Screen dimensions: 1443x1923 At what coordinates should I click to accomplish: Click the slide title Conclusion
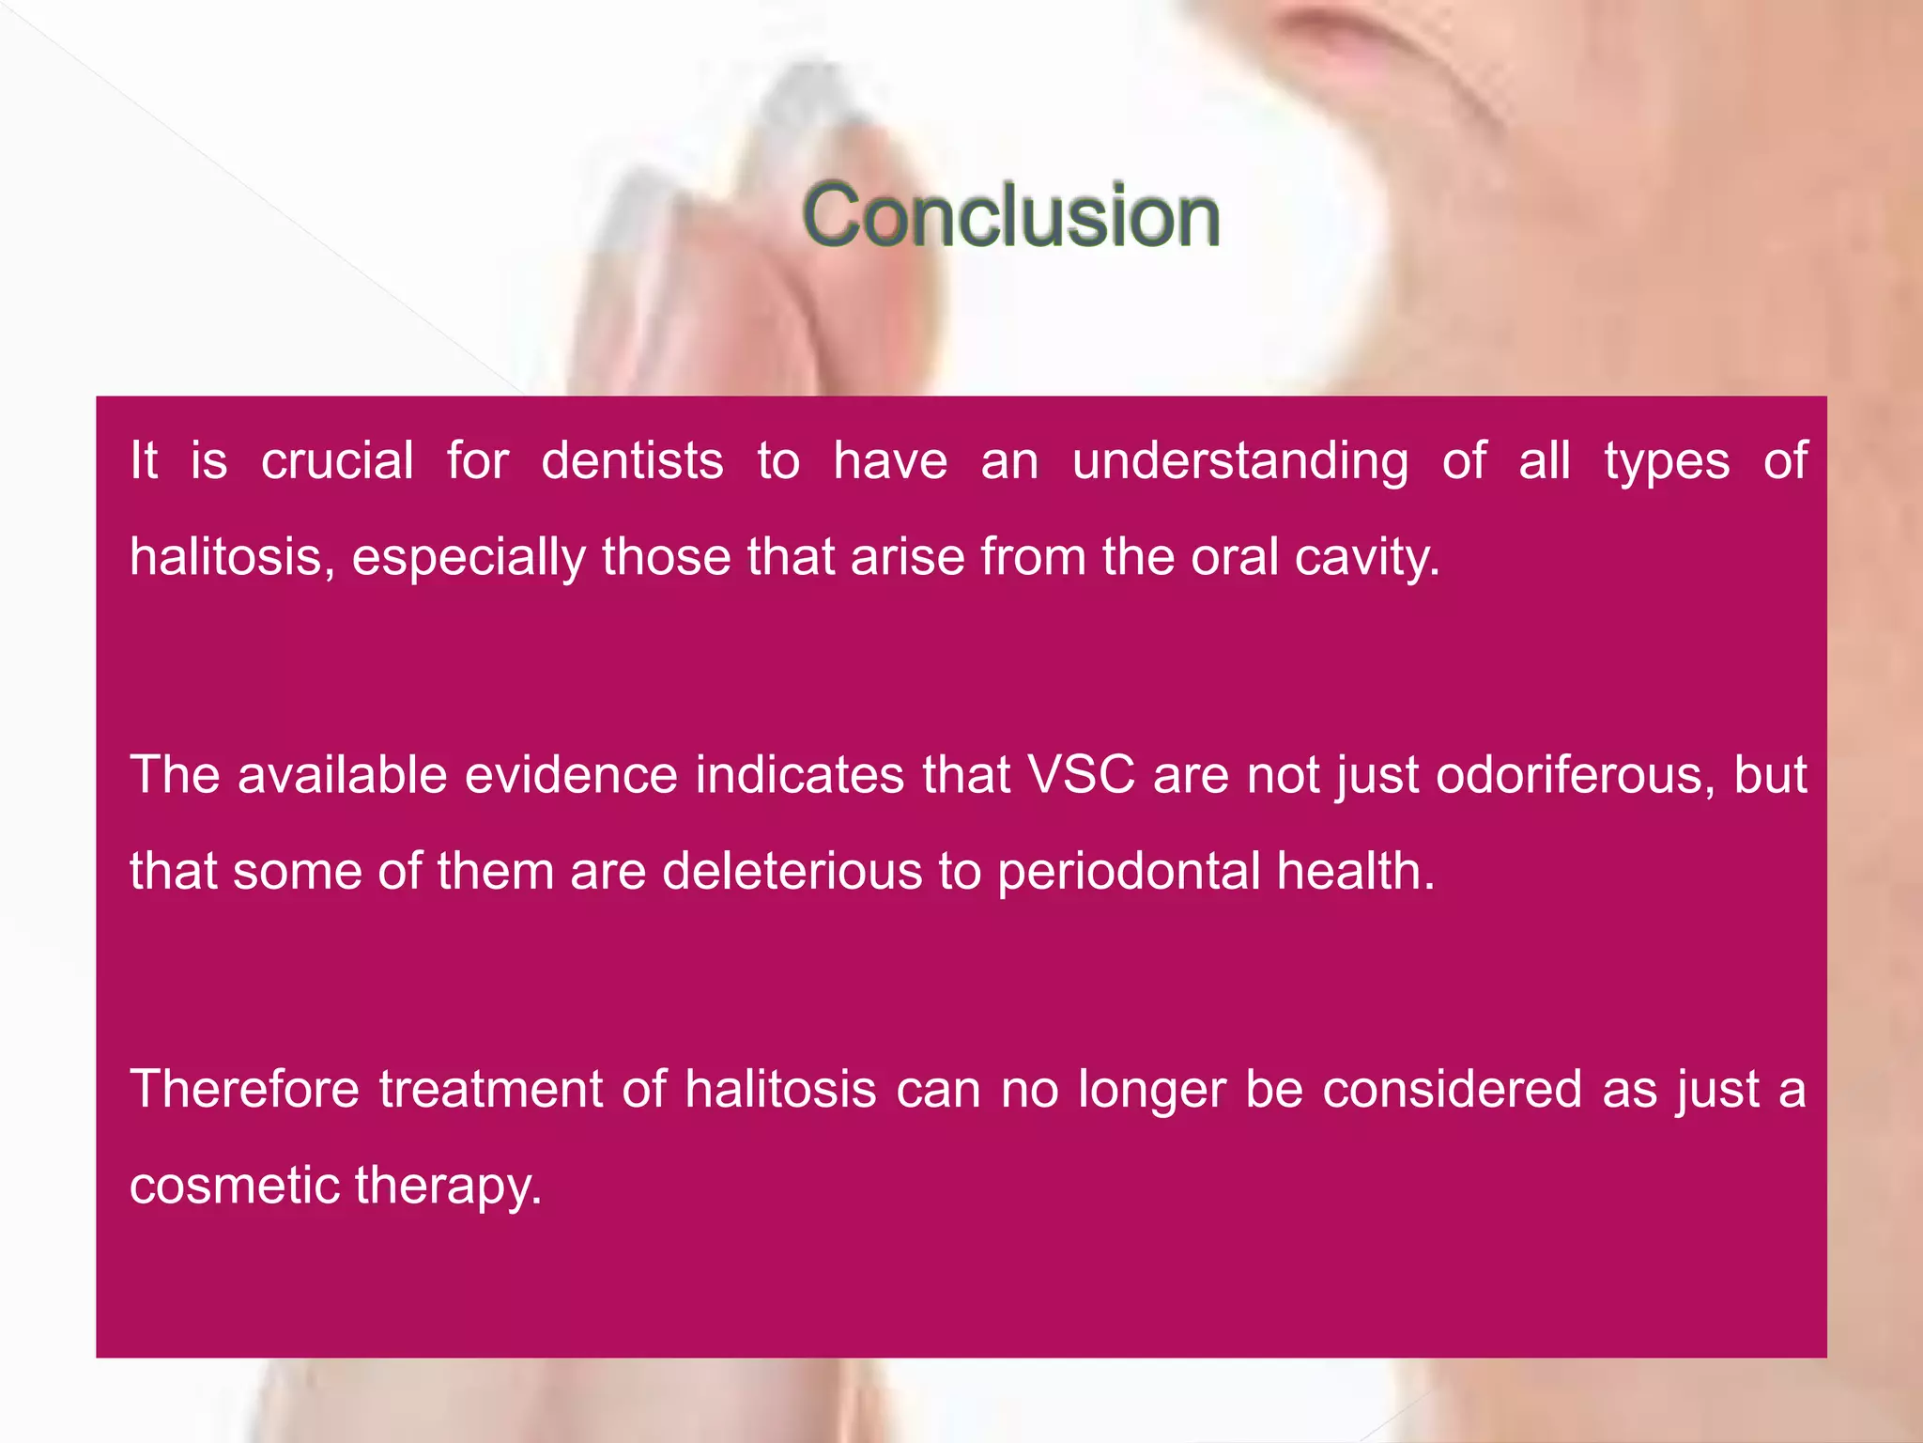[x=1010, y=216]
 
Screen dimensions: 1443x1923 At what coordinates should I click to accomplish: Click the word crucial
[x=337, y=461]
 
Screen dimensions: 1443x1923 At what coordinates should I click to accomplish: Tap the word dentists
[x=632, y=461]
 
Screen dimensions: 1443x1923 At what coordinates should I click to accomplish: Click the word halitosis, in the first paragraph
[x=231, y=557]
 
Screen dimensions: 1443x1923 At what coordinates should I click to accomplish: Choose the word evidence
[x=571, y=776]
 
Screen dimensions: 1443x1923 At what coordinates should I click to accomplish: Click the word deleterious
[x=792, y=871]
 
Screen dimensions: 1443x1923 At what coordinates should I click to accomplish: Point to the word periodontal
[x=1128, y=871]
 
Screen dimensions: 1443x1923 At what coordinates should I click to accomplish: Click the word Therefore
[x=244, y=1090]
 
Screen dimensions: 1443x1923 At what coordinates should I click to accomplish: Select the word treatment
[x=490, y=1090]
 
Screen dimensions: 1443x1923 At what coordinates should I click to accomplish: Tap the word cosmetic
[x=233, y=1186]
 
